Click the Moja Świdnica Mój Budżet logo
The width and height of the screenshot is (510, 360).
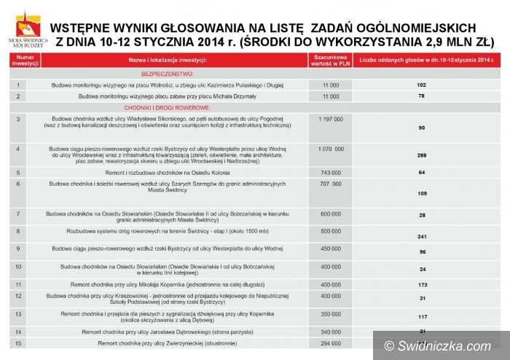[28, 29]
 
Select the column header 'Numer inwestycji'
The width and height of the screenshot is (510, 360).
[25, 59]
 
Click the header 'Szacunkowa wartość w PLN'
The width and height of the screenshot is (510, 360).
[330, 59]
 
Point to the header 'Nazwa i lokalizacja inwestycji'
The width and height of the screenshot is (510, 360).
[168, 59]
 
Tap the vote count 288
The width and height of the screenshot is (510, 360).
[421, 155]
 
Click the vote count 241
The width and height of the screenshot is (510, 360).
[421, 237]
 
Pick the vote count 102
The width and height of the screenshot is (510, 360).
[421, 85]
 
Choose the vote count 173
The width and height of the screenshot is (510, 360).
[421, 284]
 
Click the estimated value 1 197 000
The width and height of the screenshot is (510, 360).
[331, 117]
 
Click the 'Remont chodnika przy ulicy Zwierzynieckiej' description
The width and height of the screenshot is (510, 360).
[168, 343]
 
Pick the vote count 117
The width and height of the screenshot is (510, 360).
[421, 316]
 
